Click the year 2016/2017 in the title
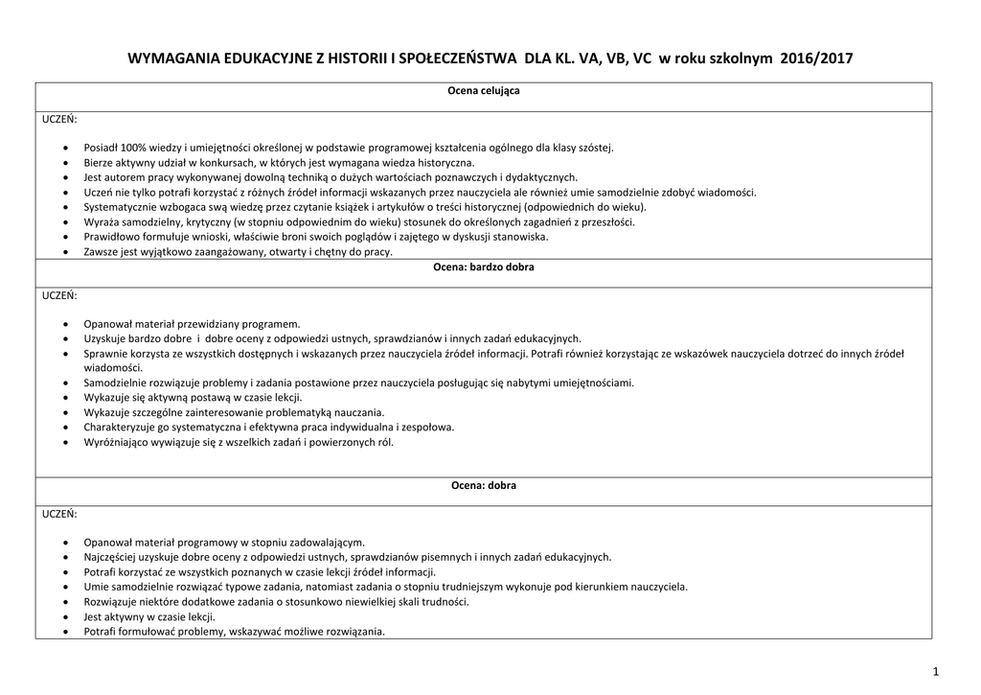(x=815, y=58)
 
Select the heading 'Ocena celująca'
(x=484, y=90)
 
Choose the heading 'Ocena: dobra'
(x=484, y=485)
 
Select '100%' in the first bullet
(x=130, y=148)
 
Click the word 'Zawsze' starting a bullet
(x=101, y=251)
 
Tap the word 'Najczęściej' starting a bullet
(x=110, y=557)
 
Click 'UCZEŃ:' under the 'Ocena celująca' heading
(x=59, y=119)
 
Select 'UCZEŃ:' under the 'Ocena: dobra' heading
(x=59, y=514)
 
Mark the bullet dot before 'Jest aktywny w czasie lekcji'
(x=64, y=617)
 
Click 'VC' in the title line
(x=639, y=58)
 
